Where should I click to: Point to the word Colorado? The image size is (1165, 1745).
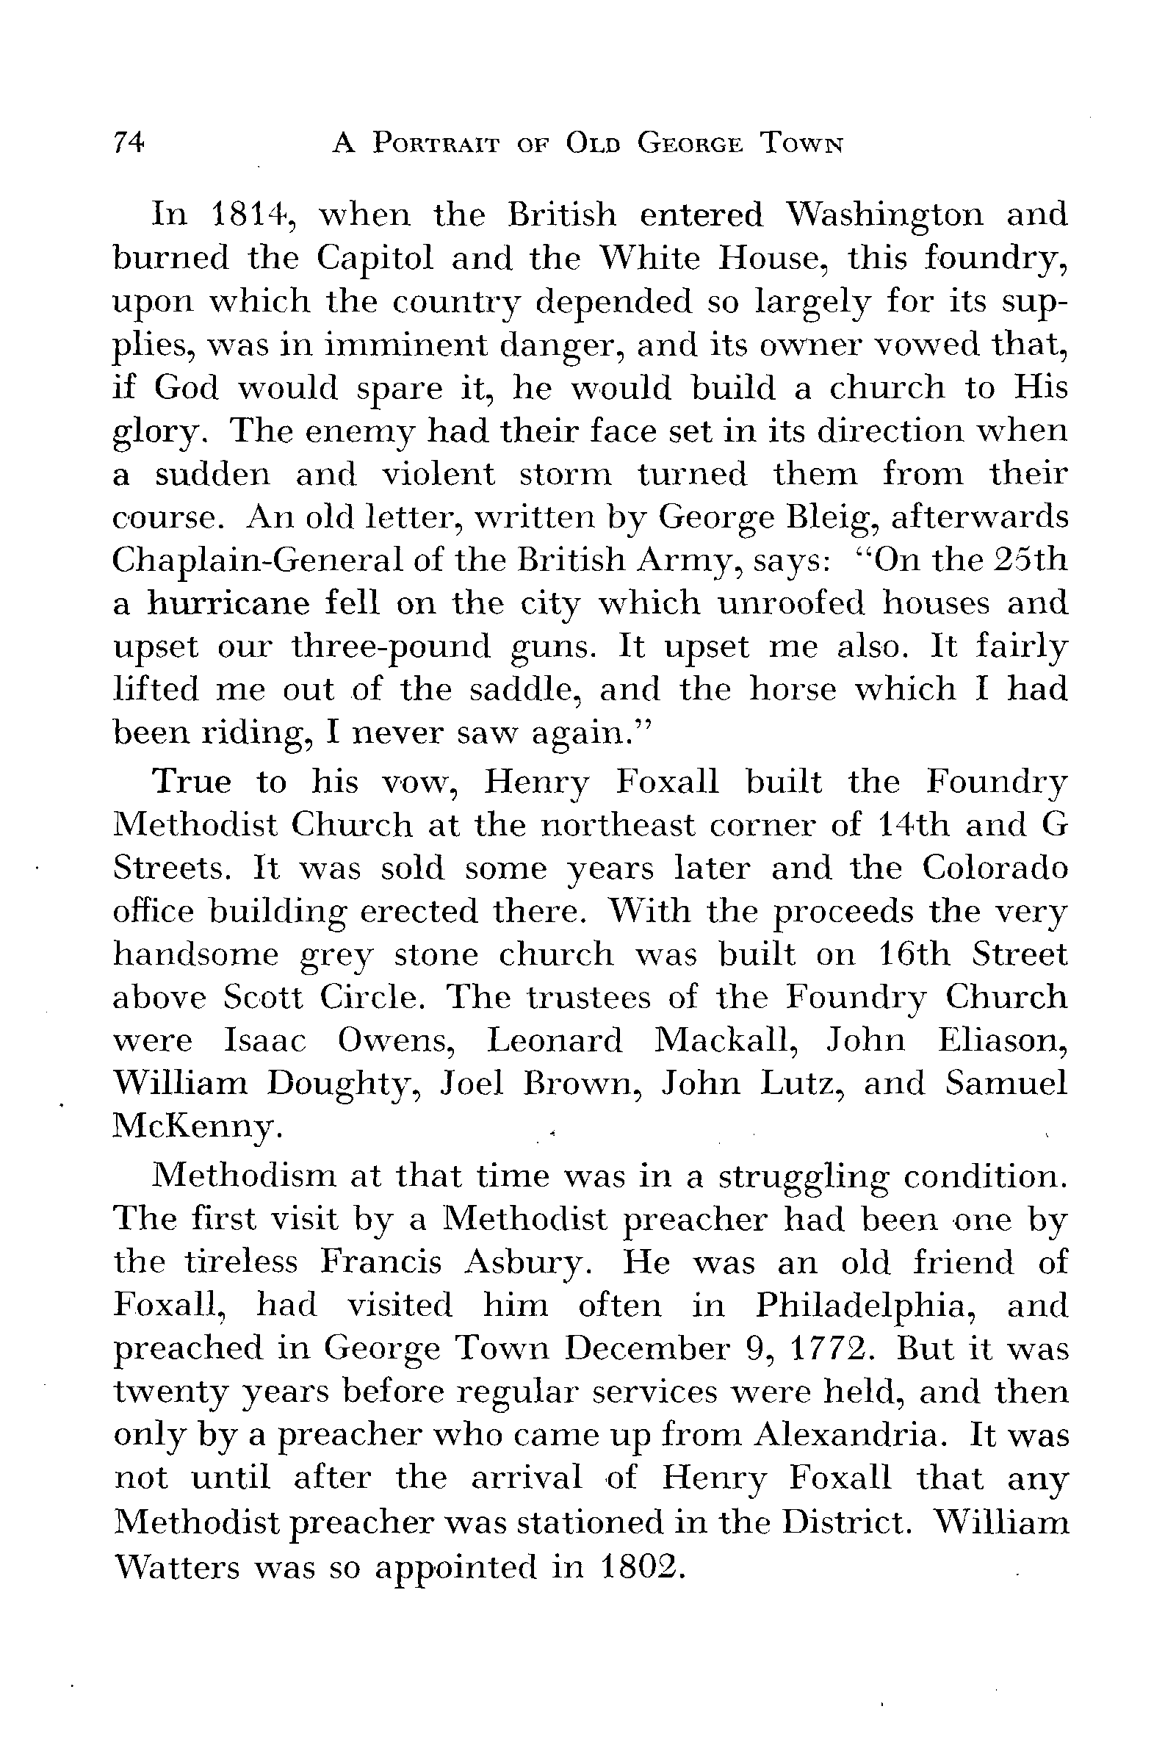point(995,868)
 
